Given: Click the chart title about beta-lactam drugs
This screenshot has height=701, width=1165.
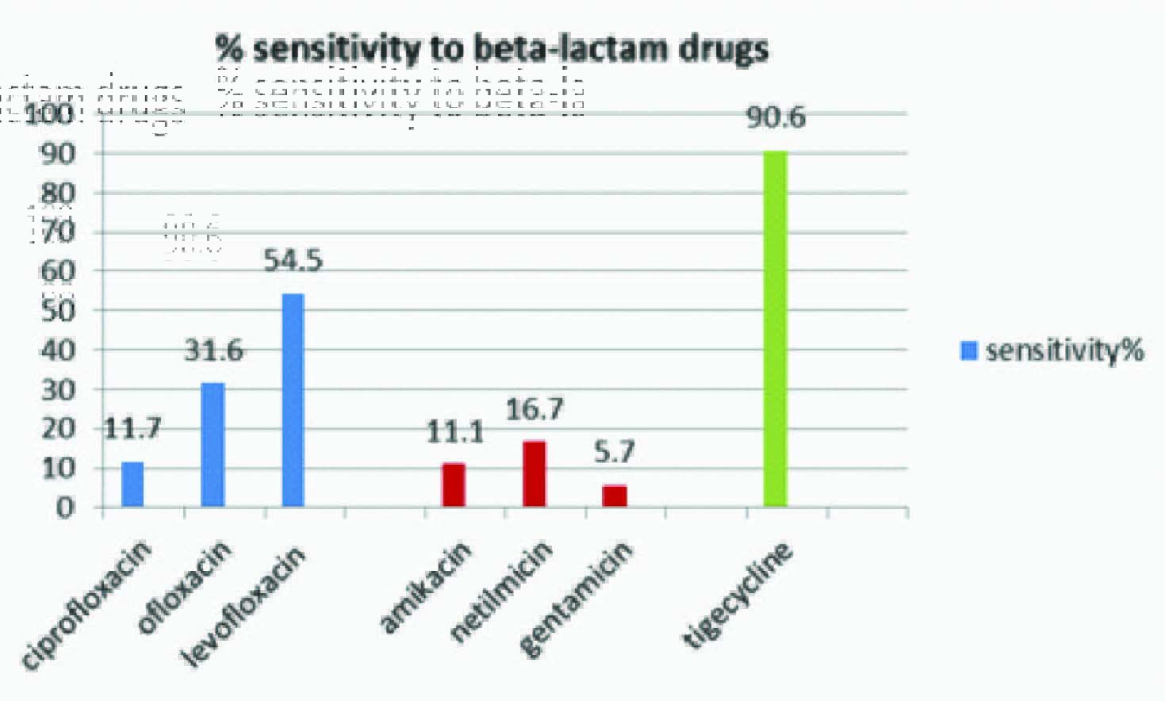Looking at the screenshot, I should (x=492, y=49).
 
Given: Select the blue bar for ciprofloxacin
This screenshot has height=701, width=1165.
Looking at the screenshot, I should (x=132, y=484).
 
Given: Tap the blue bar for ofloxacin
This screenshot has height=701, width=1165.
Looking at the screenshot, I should (x=213, y=445).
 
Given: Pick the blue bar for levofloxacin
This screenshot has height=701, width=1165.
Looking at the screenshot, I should (x=293, y=400).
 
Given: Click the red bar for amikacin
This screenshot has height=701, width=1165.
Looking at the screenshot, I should (x=454, y=485).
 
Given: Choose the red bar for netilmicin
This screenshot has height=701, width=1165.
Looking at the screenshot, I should (x=534, y=473).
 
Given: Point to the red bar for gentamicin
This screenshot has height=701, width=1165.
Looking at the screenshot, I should (x=615, y=496).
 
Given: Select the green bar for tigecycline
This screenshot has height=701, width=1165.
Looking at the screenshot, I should (x=775, y=328).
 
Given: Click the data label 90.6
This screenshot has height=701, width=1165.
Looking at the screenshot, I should (x=776, y=117).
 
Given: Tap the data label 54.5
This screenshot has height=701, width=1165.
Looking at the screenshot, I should (x=293, y=260).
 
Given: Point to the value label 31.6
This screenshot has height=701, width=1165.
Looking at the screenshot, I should (x=213, y=350).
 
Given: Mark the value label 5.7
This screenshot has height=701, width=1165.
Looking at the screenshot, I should (x=615, y=452).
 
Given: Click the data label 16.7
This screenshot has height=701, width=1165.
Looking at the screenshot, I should (x=535, y=409).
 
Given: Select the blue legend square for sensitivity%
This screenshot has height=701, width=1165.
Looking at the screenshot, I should (x=968, y=350).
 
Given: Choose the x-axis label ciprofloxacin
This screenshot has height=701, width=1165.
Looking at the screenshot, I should (x=86, y=607).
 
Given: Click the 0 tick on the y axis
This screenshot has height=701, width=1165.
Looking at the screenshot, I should (x=66, y=507).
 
